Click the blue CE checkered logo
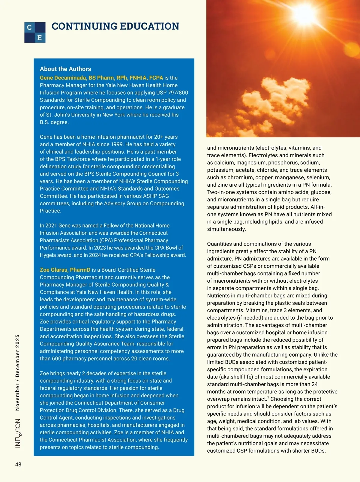35,32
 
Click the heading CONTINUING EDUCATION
115,26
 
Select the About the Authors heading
65,69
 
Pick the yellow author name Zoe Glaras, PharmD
65,270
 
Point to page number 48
18,465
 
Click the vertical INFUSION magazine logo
18,433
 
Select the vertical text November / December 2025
17,372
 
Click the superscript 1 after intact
268,398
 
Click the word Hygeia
50,255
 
